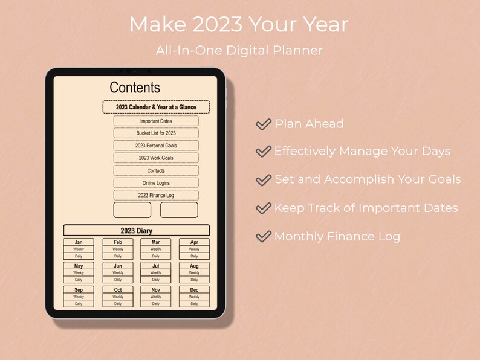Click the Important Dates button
coord(156,121)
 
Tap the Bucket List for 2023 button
coord(156,133)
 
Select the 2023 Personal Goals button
coord(156,146)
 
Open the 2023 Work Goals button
coord(156,158)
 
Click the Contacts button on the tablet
coord(156,170)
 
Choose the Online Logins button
coord(156,183)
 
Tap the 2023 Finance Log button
coord(156,195)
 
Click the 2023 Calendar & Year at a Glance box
coord(156,107)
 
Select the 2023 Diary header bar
coord(137,230)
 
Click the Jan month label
coord(79,242)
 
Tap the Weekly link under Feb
coord(118,249)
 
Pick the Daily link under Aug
coord(194,280)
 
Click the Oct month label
coord(118,290)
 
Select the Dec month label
coord(194,290)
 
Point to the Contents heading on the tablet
coord(135,88)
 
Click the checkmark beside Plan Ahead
coord(263,124)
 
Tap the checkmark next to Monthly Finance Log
coord(263,237)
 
